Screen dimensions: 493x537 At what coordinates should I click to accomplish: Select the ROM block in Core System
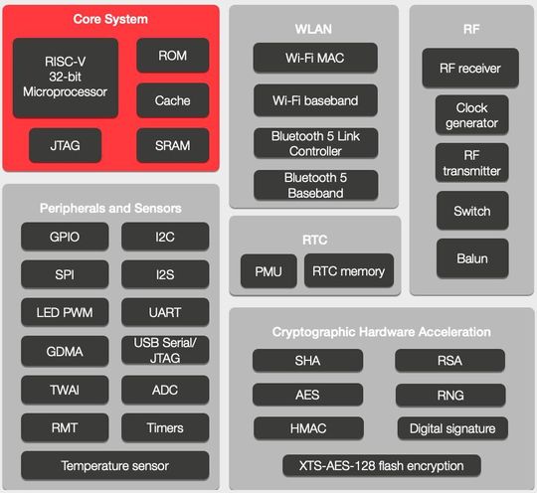[x=172, y=56]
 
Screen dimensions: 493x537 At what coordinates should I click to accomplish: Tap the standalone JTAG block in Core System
[x=66, y=146]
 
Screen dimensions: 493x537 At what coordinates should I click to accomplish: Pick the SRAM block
[x=172, y=146]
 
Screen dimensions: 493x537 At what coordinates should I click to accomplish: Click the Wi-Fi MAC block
[x=313, y=57]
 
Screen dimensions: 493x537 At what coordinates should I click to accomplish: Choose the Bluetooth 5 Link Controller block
[x=313, y=143]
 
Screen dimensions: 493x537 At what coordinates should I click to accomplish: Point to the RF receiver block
[x=470, y=69]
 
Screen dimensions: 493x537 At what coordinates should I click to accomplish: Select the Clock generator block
[x=471, y=115]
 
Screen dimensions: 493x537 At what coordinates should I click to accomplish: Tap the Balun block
[x=471, y=258]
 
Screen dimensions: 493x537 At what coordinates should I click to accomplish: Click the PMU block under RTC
[x=268, y=270]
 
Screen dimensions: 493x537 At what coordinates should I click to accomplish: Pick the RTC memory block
[x=348, y=270]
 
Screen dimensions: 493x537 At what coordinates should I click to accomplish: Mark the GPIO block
[x=65, y=237]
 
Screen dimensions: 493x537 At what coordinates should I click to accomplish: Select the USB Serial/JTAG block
[x=165, y=350]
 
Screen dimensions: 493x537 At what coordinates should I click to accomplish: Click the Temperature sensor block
[x=115, y=465]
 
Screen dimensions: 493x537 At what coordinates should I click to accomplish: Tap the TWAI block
[x=65, y=390]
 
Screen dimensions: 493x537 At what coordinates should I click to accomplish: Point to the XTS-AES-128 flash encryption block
[x=381, y=465]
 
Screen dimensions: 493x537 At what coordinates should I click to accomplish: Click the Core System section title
[x=109, y=20]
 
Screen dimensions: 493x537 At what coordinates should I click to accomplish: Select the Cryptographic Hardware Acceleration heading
[x=381, y=331]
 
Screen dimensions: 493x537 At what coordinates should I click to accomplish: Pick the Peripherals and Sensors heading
[x=110, y=208]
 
